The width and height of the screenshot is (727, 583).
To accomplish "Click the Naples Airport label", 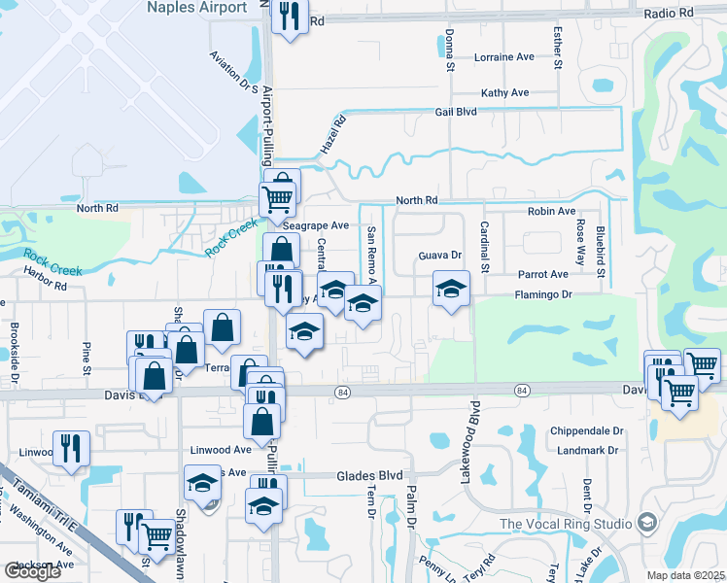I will click(196, 8).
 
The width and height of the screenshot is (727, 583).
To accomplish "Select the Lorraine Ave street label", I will click(504, 57).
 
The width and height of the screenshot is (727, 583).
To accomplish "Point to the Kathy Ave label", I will click(505, 93).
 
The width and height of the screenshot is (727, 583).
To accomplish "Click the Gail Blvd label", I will click(456, 113).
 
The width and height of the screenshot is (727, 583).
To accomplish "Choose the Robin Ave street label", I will click(551, 211).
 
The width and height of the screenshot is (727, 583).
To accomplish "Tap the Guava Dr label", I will click(438, 256).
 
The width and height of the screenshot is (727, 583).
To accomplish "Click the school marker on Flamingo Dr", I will click(451, 288).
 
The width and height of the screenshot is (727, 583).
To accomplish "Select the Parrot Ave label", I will click(542, 275).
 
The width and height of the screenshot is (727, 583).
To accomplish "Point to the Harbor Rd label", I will click(47, 287).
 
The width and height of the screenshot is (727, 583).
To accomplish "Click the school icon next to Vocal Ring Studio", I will click(645, 524).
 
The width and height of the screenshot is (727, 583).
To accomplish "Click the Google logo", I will click(32, 571).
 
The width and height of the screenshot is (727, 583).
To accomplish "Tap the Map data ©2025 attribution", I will click(686, 575).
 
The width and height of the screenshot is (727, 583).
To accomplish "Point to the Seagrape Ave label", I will click(315, 225).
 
